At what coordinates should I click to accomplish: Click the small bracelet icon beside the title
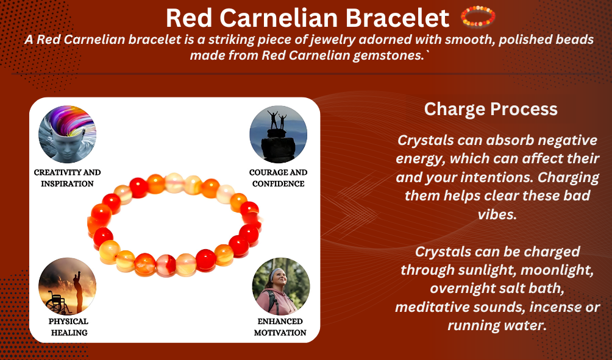pyautogui.click(x=478, y=16)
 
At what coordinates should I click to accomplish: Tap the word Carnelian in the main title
pyautogui.click(x=282, y=18)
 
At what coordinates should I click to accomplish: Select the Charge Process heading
pyautogui.click(x=491, y=109)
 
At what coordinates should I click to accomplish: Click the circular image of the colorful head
pyautogui.click(x=67, y=134)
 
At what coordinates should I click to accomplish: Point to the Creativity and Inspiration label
pyautogui.click(x=67, y=178)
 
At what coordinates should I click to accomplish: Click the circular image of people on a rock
pyautogui.click(x=279, y=134)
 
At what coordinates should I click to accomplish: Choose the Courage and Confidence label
pyautogui.click(x=279, y=178)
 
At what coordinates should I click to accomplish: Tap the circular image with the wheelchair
pyautogui.click(x=67, y=286)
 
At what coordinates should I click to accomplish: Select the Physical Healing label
pyautogui.click(x=69, y=327)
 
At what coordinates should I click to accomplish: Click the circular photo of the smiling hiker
pyautogui.click(x=280, y=286)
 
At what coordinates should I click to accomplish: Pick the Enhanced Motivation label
pyautogui.click(x=280, y=327)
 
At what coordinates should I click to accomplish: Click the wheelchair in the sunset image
pyautogui.click(x=57, y=302)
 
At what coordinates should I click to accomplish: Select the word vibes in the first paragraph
pyautogui.click(x=497, y=214)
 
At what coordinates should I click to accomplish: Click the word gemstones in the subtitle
pyautogui.click(x=388, y=55)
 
